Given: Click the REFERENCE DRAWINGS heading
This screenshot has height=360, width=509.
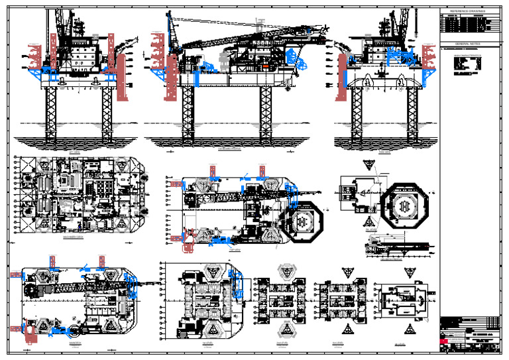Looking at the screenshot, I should tap(468, 11).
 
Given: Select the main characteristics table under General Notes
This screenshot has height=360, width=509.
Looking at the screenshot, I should tap(467, 65).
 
